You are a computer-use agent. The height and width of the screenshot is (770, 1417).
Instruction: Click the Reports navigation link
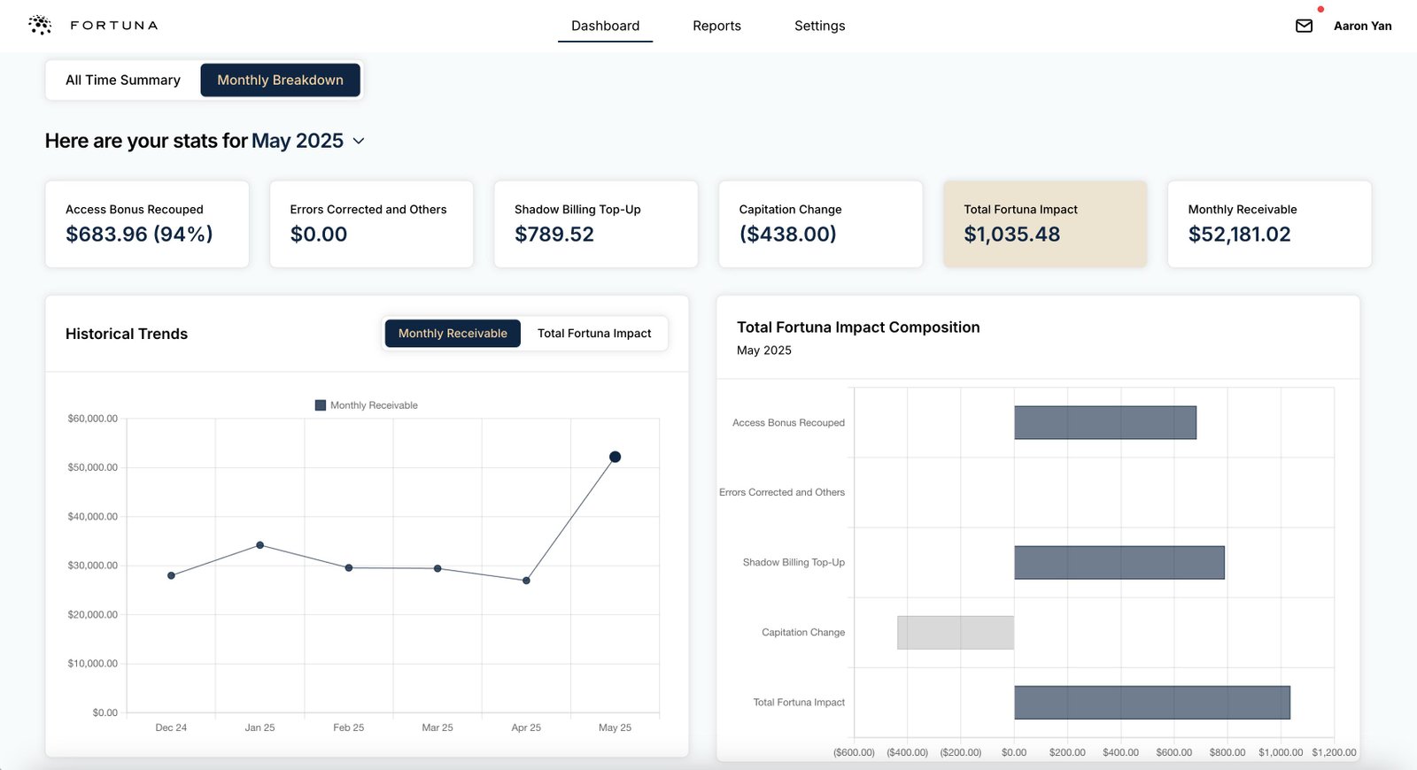click(x=716, y=26)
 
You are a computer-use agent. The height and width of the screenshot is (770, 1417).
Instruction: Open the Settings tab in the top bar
click(x=819, y=26)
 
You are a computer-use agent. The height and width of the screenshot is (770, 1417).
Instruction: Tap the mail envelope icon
click(x=1304, y=26)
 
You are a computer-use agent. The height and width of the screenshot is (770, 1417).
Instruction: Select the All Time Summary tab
click(x=123, y=80)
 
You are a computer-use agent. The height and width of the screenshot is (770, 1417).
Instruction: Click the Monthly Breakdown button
click(x=280, y=80)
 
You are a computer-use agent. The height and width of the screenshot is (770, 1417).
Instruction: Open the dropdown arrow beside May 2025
click(x=359, y=142)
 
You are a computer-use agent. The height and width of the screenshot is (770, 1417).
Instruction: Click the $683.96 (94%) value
click(x=139, y=235)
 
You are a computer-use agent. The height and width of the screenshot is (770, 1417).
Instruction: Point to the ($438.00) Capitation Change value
click(x=787, y=235)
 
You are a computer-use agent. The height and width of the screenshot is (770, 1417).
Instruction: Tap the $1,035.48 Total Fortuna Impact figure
click(x=1011, y=235)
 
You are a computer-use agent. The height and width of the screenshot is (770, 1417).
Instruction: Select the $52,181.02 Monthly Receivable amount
click(x=1239, y=235)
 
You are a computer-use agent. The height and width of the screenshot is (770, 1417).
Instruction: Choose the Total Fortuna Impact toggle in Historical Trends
click(x=593, y=334)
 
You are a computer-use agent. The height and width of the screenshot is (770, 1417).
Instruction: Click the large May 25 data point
click(x=615, y=457)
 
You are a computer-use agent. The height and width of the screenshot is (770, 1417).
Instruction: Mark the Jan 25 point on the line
click(x=259, y=545)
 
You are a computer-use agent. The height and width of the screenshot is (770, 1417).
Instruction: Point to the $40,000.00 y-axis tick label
click(x=92, y=517)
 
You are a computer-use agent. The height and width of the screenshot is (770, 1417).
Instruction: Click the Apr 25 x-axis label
click(x=526, y=728)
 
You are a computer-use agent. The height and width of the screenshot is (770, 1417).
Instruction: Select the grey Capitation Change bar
click(x=955, y=633)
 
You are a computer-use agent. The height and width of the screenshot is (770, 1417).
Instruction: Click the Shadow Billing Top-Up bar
click(x=1119, y=563)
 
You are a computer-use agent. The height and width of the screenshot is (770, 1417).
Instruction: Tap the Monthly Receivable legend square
click(x=321, y=405)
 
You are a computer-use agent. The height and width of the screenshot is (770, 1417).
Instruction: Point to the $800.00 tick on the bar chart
click(x=1227, y=752)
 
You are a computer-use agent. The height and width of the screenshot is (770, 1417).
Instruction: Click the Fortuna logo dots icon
click(x=40, y=25)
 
